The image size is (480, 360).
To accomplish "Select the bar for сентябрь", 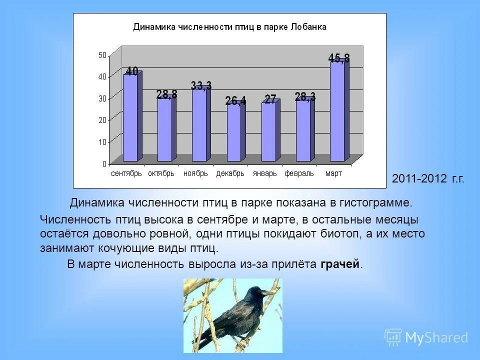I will pyautogui.click(x=130, y=117).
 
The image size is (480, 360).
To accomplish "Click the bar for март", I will pyautogui.click(x=337, y=111).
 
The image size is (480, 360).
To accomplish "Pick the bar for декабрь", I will pyautogui.click(x=233, y=132).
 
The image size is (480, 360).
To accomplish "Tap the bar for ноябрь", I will pyautogui.click(x=199, y=125).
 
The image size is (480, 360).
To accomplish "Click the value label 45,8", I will pyautogui.click(x=338, y=58).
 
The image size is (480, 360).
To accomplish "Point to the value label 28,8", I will pyautogui.click(x=166, y=94).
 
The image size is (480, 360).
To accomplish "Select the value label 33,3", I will pyautogui.click(x=201, y=85).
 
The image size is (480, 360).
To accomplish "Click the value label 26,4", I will pyautogui.click(x=235, y=101).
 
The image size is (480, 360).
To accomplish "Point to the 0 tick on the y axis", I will pyautogui.click(x=104, y=163).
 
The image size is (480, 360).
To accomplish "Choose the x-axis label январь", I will pyautogui.click(x=264, y=173).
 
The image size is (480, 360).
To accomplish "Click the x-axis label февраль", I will pyautogui.click(x=299, y=173).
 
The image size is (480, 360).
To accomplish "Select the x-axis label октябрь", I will pyautogui.click(x=161, y=173).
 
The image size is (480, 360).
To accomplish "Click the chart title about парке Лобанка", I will pyautogui.click(x=229, y=27).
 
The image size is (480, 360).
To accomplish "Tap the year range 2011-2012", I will pyautogui.click(x=419, y=179).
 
